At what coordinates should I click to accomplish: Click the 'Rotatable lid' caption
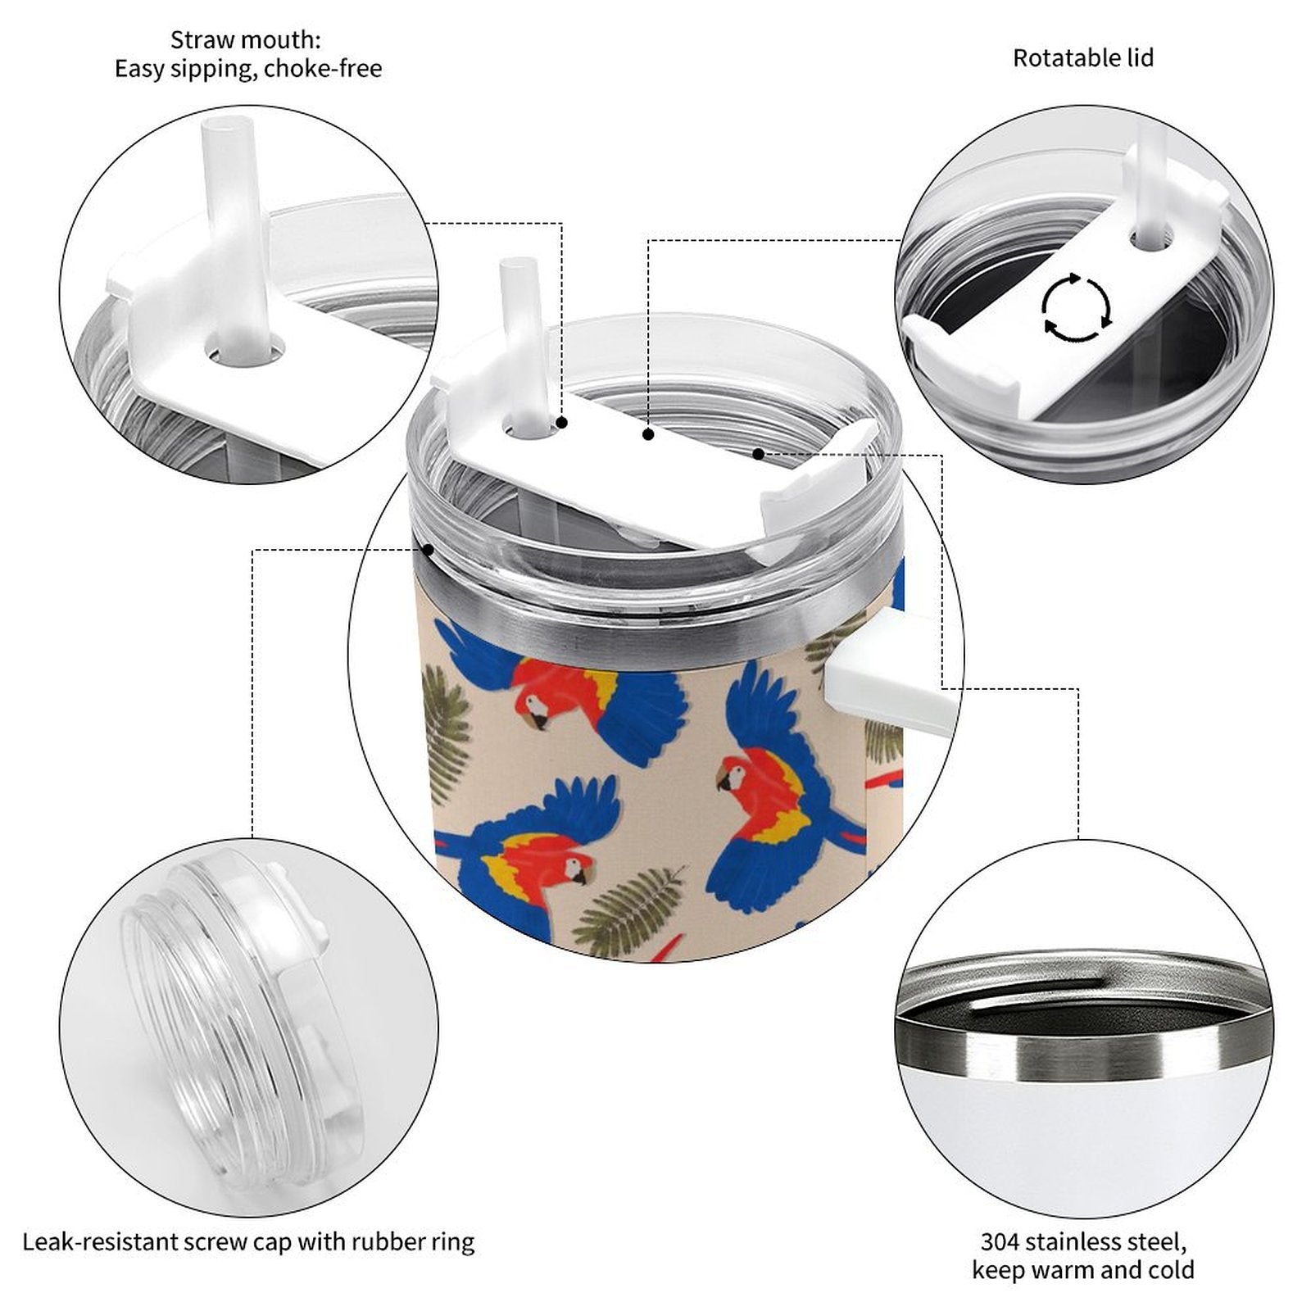pos(1082,58)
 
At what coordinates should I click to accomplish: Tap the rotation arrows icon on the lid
pos(1077,308)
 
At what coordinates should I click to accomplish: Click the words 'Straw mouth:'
pos(246,39)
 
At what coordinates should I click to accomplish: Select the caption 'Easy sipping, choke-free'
pos(248,69)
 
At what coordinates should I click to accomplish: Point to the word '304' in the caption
pos(1000,1241)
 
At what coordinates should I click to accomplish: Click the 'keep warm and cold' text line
pos(1083,1270)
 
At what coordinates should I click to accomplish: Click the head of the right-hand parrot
pos(731,775)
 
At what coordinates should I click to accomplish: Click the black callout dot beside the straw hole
pos(562,423)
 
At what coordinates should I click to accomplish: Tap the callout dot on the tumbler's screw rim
pos(427,549)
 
